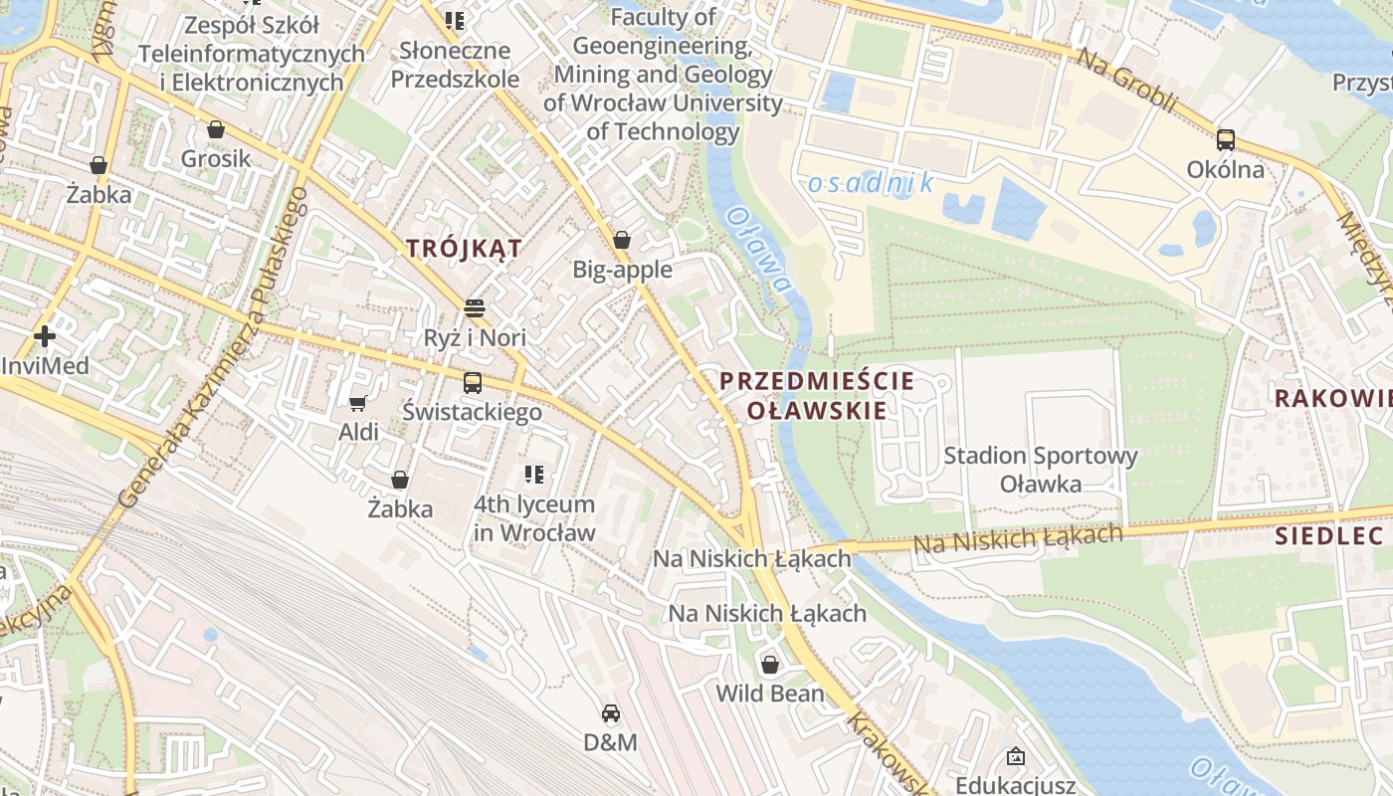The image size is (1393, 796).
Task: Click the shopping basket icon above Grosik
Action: pyautogui.click(x=216, y=129)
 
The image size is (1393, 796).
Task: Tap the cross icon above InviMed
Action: pyautogui.click(x=44, y=336)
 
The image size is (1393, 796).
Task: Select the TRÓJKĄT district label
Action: pyautogui.click(x=464, y=249)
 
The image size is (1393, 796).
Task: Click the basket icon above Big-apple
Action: pyautogui.click(x=622, y=240)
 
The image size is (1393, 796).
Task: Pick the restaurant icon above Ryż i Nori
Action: pyautogui.click(x=475, y=307)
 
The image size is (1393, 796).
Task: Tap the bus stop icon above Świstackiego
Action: pyautogui.click(x=473, y=382)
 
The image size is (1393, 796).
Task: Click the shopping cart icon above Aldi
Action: pyautogui.click(x=358, y=403)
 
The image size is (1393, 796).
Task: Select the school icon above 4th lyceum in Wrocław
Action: pyautogui.click(x=534, y=475)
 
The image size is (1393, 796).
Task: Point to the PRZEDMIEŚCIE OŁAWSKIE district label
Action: pyautogui.click(x=803, y=395)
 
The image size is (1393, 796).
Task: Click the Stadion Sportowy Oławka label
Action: pyautogui.click(x=1040, y=470)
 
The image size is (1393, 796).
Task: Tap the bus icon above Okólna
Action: pyautogui.click(x=1226, y=140)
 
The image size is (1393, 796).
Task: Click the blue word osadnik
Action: pyautogui.click(x=871, y=183)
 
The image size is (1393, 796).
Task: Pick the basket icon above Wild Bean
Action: pyautogui.click(x=769, y=665)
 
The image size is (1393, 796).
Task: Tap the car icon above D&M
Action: pyautogui.click(x=611, y=713)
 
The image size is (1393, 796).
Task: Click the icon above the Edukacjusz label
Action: pyautogui.click(x=1015, y=757)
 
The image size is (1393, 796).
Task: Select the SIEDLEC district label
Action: pyautogui.click(x=1329, y=536)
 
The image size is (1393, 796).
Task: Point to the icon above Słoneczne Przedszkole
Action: pyautogui.click(x=455, y=20)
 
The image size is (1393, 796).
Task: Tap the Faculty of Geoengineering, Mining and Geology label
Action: pyautogui.click(x=663, y=74)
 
